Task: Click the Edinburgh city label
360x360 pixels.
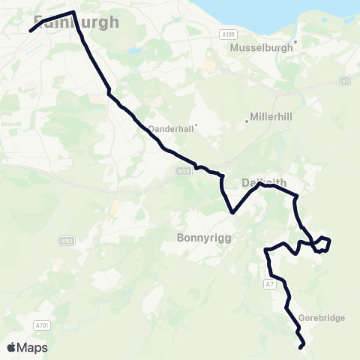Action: coord(76,22)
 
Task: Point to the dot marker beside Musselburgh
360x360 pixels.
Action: coord(296,42)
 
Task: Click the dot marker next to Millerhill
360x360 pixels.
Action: coord(247,121)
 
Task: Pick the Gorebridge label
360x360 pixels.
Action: coord(322,318)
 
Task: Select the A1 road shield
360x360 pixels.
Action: coord(345,80)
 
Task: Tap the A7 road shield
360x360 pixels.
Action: coord(271,284)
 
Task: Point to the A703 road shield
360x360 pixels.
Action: coord(67,241)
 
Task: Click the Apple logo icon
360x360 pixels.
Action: coord(12,347)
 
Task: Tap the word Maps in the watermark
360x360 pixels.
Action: coord(33,347)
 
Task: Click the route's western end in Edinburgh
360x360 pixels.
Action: coord(30,31)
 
